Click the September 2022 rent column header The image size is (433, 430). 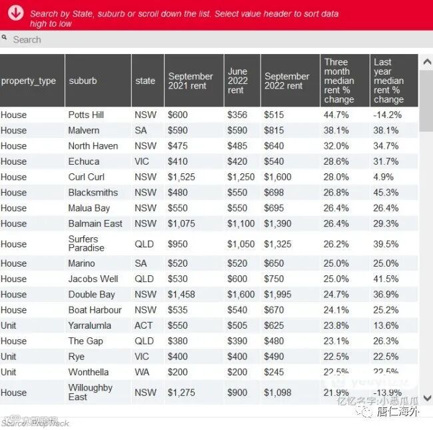point(286,81)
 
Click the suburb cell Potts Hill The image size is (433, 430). point(86,115)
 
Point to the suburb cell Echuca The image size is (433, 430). point(83,161)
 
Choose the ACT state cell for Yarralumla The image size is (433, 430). point(143,325)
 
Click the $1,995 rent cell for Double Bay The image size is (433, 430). point(278,295)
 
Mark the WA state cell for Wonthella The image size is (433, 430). point(142,372)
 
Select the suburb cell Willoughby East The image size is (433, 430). point(90,392)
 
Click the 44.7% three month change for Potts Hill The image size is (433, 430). point(336,115)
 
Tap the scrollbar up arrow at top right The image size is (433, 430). point(426,61)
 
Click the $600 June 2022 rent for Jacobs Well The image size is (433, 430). point(237,279)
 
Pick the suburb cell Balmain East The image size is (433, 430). point(95,223)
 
